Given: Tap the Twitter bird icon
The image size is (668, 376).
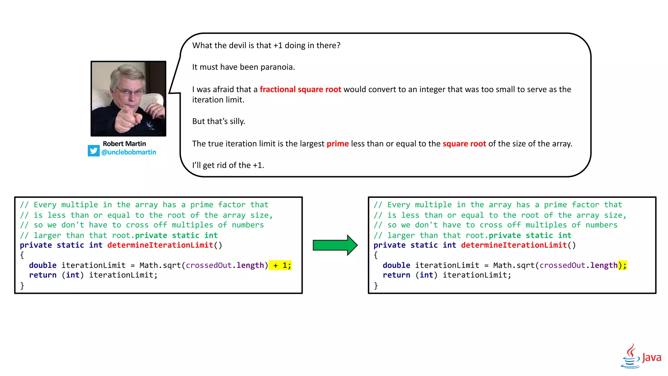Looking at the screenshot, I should pos(94,151).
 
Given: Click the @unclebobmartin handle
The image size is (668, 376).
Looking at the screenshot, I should pos(129,152).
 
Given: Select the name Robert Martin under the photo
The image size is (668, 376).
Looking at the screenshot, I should pos(124,144).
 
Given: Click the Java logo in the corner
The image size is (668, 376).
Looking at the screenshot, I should pos(641,356).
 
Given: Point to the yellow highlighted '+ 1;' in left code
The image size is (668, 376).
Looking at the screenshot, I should pos(281,265).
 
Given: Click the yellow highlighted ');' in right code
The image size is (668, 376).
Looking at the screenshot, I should pos(622,265).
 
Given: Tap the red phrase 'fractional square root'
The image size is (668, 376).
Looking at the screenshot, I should pos(300,89).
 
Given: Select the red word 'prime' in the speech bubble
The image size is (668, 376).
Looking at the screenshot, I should pos(338,144).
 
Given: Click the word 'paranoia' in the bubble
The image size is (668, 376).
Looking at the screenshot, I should pos(277,67).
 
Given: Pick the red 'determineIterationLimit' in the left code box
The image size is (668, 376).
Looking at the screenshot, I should pos(160,245).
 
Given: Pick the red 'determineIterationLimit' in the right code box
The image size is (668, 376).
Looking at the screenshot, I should pos(514,245).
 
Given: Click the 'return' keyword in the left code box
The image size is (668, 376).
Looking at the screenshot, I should pos(43,275).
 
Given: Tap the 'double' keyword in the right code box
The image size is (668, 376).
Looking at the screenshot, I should pos(396,265).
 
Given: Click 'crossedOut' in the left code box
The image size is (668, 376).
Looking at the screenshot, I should pos(209,265).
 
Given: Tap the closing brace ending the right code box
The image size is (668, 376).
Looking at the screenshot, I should pos(376,286).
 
